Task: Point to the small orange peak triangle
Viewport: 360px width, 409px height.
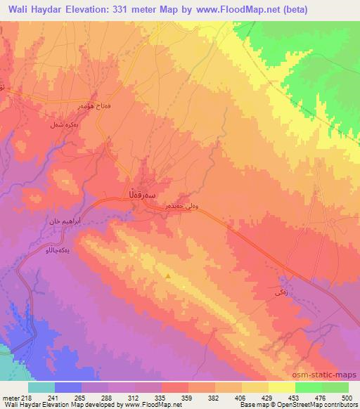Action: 168,276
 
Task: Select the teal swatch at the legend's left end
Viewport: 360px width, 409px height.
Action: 41,387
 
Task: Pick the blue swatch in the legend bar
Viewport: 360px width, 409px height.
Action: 68,387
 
